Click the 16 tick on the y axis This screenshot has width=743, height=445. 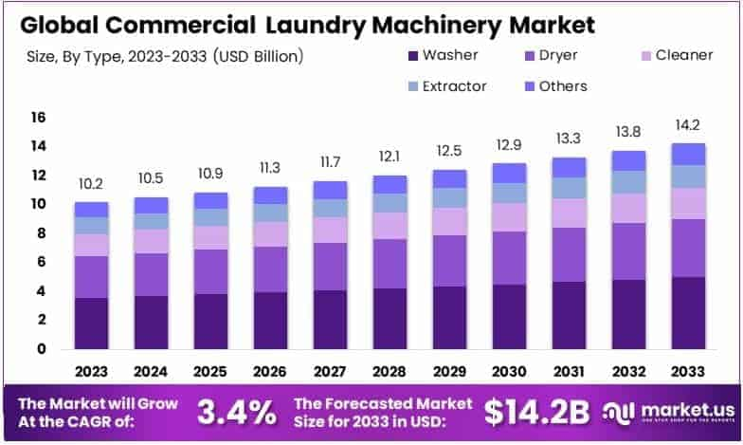click(x=39, y=117)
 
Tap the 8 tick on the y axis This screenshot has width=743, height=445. click(x=39, y=233)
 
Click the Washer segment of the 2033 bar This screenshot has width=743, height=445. click(x=689, y=312)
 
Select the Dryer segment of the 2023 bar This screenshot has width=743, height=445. click(x=92, y=276)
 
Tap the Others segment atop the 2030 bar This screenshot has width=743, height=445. click(x=509, y=172)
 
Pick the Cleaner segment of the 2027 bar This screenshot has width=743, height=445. click(x=330, y=230)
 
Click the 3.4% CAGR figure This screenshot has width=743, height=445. click(x=236, y=411)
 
